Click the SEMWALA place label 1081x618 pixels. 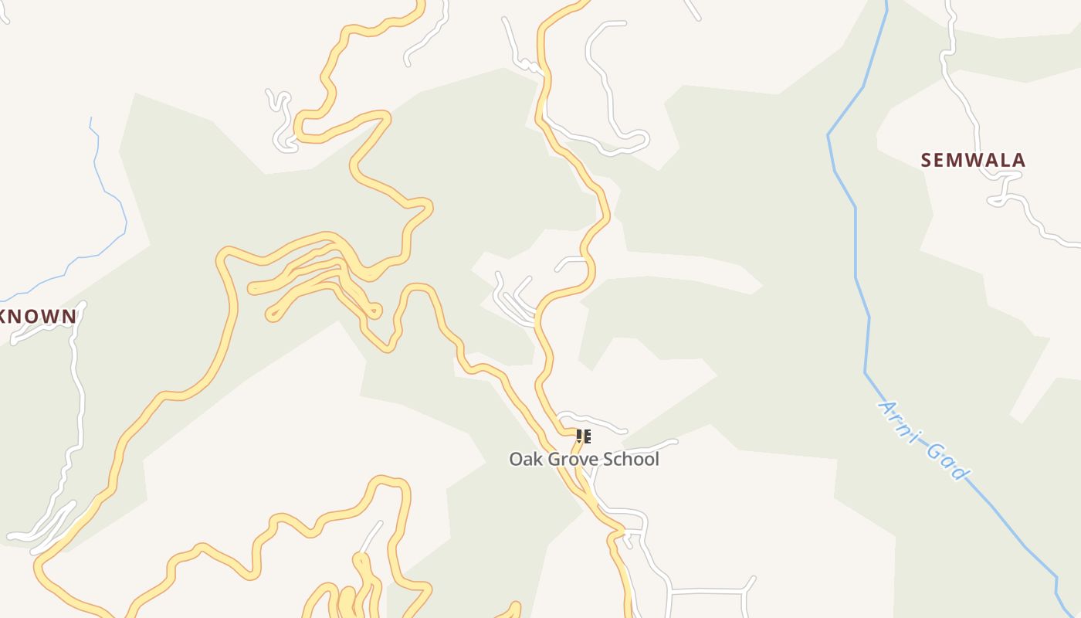click(973, 160)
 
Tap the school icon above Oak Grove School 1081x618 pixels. click(584, 436)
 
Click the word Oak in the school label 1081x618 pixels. click(524, 459)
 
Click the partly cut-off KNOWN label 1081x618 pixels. click(39, 316)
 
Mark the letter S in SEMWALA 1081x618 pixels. click(927, 160)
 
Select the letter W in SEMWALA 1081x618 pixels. click(972, 160)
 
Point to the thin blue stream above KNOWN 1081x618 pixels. click(108, 193)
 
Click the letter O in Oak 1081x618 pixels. click(516, 459)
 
